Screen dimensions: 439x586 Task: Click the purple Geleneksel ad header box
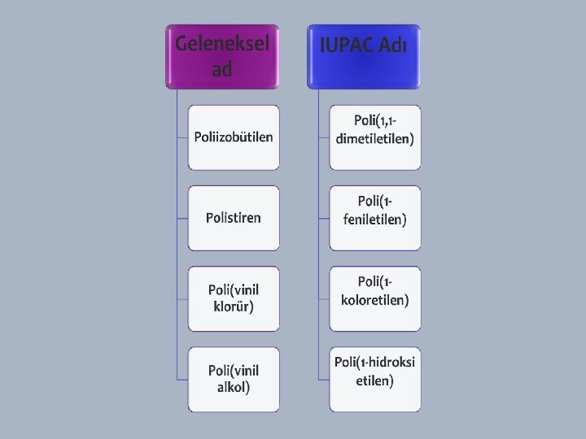point(222,56)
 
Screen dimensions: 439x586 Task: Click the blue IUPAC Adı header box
point(364,56)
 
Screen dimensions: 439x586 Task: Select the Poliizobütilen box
point(234,137)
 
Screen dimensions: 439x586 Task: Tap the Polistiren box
point(234,218)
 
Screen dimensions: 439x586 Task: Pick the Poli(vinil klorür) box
point(234,298)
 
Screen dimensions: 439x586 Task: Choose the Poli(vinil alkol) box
point(234,379)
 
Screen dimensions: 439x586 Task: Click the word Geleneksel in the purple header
point(222,42)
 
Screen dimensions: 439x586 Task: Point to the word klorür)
point(234,307)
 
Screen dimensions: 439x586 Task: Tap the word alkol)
point(234,388)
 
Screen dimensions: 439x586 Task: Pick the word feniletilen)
point(375,219)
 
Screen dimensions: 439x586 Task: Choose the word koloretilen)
point(375,300)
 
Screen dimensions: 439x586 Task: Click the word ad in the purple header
point(222,70)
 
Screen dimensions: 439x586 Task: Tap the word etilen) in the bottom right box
point(375,380)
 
